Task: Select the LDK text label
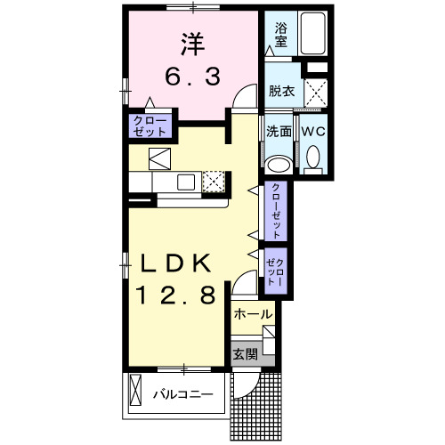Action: click(x=174, y=264)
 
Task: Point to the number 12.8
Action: click(x=174, y=295)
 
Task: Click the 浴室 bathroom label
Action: click(x=280, y=35)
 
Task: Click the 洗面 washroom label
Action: click(x=279, y=132)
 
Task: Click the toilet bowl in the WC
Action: click(x=312, y=158)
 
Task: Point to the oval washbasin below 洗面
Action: click(x=279, y=163)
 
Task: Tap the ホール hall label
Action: click(x=253, y=314)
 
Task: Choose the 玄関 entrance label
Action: click(x=246, y=352)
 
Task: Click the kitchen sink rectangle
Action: click(x=186, y=182)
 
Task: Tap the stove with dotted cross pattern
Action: click(x=214, y=182)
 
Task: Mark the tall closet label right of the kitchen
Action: click(x=276, y=211)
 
